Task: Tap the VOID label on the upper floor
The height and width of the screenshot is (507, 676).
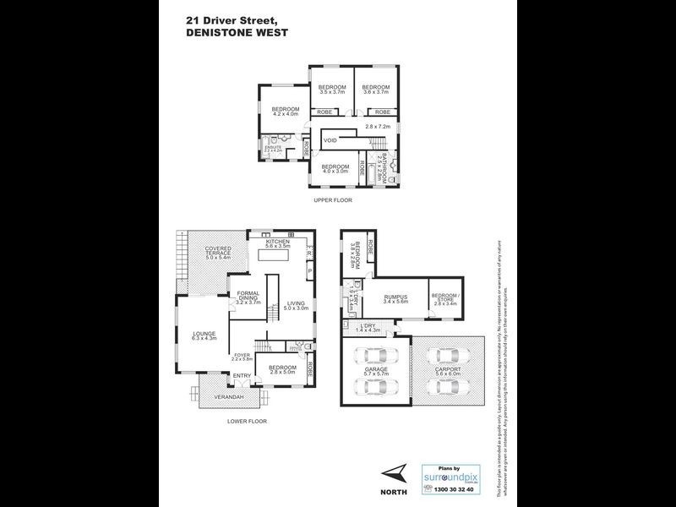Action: (x=330, y=139)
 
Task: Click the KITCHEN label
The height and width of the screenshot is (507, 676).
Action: (x=278, y=242)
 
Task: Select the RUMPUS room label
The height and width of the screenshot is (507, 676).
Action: (x=395, y=297)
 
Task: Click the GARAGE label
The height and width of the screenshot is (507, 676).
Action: (x=375, y=369)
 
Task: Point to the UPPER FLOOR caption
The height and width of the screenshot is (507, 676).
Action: (x=333, y=200)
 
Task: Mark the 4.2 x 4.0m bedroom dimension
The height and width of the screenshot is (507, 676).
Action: (x=286, y=115)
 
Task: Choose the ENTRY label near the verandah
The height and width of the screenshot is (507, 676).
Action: (x=242, y=375)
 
